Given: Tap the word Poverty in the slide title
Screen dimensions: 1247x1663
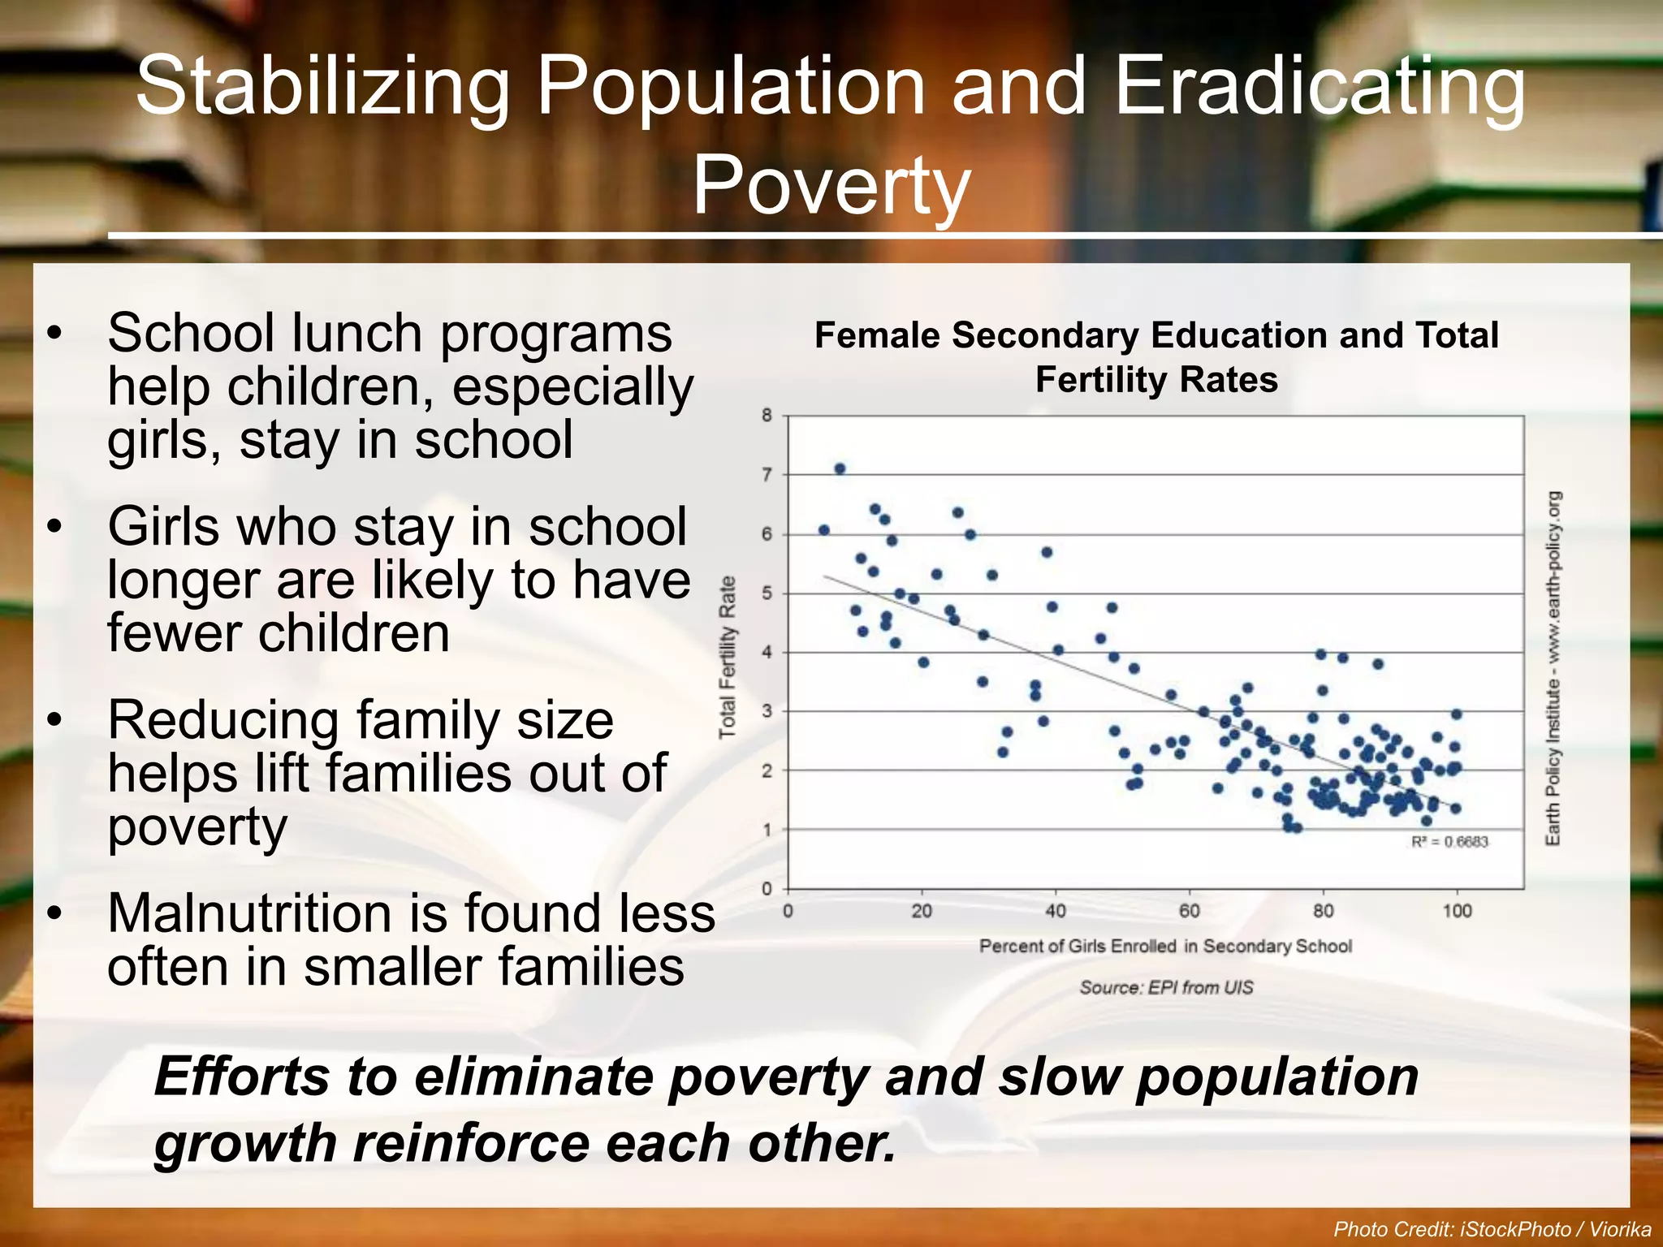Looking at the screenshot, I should [831, 186].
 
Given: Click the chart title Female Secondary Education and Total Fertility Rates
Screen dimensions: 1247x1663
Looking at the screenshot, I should [1156, 357].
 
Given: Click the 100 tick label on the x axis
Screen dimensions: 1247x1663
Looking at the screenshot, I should [1457, 911].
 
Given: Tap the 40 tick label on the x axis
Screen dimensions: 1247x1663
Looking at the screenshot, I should [1056, 911].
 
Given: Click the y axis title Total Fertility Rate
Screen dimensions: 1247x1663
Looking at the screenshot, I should [728, 657].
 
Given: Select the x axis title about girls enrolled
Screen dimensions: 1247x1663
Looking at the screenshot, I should [1165, 946].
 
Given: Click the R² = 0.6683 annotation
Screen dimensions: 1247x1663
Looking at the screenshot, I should [1449, 842].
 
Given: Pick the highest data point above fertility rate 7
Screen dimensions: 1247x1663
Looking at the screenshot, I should [840, 468].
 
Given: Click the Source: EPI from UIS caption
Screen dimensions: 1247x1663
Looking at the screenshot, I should [1166, 987].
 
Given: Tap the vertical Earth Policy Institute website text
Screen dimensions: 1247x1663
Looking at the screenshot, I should [1553, 667].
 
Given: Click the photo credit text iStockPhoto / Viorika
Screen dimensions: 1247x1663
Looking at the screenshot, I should [1492, 1229].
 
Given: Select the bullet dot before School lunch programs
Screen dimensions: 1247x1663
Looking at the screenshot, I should [54, 334].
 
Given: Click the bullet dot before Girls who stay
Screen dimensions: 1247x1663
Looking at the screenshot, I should [54, 527].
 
